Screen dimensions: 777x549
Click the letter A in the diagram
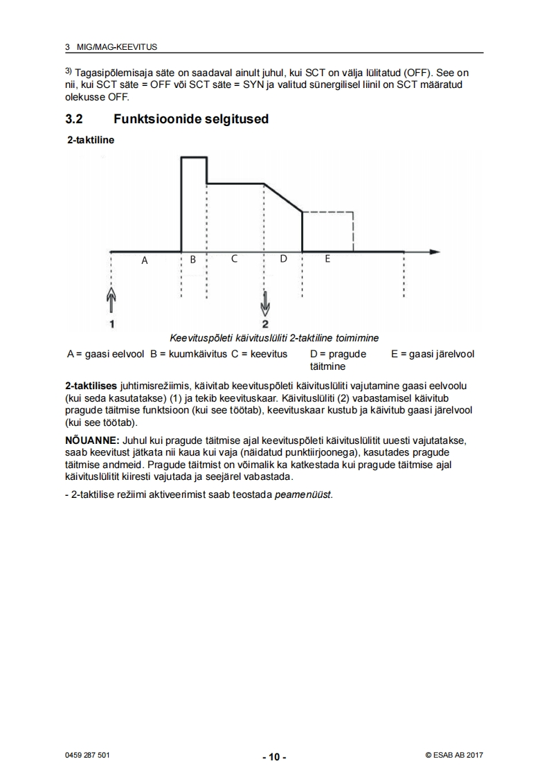(145, 260)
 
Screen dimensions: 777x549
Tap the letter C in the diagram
(234, 259)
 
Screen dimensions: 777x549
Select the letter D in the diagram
(282, 259)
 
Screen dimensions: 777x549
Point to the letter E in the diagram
(327, 259)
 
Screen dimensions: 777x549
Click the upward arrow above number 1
(111, 301)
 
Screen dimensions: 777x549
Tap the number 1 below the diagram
(111, 323)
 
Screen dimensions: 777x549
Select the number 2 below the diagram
(265, 323)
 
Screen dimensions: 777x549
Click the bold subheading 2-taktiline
(91, 139)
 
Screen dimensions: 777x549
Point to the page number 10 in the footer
(274, 756)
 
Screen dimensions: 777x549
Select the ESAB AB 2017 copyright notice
(454, 755)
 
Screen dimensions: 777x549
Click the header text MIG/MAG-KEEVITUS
(116, 47)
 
